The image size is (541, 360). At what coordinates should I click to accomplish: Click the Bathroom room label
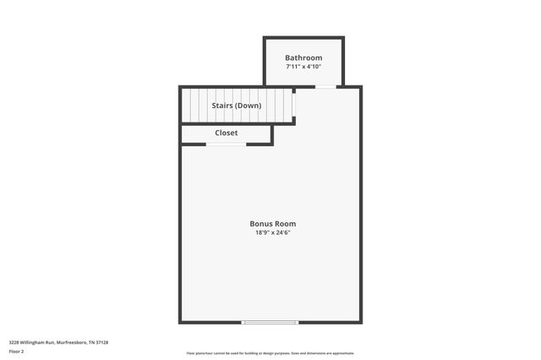303,57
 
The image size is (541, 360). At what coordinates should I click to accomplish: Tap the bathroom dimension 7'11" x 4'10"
303,66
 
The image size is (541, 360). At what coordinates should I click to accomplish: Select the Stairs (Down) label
237,106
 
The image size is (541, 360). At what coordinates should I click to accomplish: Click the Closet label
227,133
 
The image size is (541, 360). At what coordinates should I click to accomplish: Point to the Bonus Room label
272,224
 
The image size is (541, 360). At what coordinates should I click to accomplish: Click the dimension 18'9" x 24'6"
272,232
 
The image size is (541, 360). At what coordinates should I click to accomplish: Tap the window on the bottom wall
270,322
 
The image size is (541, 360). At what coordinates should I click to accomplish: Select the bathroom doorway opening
325,86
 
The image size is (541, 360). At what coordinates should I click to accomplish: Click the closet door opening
226,145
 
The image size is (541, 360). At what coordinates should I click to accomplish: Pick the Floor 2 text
17,350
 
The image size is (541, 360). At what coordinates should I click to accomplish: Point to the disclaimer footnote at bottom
270,353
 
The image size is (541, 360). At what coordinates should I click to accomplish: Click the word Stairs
222,106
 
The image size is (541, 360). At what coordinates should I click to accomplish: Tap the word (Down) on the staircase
249,106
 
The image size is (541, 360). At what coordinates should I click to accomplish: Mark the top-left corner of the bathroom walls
265,38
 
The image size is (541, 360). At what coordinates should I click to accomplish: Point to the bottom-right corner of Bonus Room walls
361,321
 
